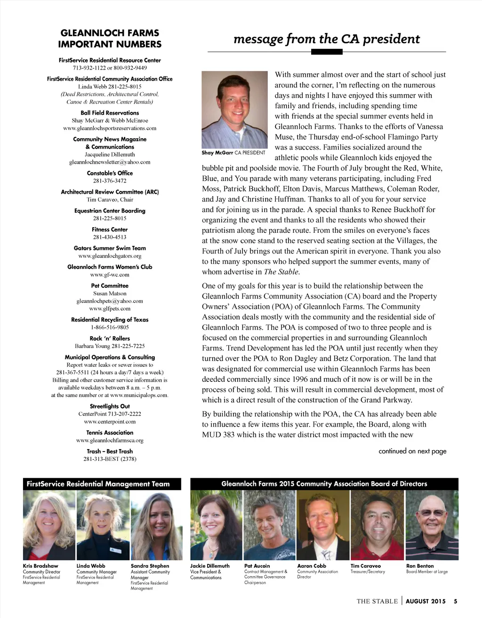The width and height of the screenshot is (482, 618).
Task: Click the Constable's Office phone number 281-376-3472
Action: click(110, 181)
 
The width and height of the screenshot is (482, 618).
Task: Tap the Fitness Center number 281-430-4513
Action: click(110, 237)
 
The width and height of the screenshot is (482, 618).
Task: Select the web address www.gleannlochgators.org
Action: click(110, 256)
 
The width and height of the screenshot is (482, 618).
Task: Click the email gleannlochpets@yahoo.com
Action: click(110, 301)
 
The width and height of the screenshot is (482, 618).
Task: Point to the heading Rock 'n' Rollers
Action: click(110, 338)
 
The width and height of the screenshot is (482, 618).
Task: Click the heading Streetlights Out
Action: click(110, 406)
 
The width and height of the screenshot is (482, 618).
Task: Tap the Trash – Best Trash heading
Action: click(110, 451)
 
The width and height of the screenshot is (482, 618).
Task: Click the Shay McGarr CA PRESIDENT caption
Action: click(233, 153)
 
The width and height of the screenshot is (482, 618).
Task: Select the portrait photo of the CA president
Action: click(234, 110)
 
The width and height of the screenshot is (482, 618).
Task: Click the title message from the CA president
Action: click(326, 39)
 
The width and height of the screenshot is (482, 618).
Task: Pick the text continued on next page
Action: click(412, 451)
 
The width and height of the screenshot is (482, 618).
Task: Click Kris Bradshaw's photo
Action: click(49, 525)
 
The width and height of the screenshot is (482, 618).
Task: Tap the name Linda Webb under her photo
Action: click(91, 566)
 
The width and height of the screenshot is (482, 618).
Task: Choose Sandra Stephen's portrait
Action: click(156, 525)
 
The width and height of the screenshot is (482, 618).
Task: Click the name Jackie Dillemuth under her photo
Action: click(210, 566)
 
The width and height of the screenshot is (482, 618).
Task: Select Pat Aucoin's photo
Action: click(269, 525)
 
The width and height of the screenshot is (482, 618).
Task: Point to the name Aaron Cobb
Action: click(312, 566)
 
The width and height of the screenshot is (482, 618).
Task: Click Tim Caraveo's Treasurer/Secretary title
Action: click(368, 572)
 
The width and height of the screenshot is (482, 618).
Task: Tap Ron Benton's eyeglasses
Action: click(432, 512)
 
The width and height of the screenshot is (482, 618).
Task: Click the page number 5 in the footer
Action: click(456, 601)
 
